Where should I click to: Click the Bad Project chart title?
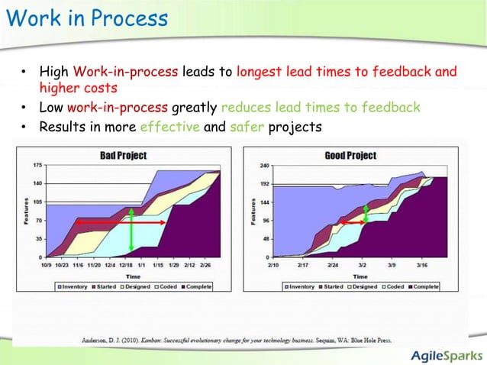(123, 155)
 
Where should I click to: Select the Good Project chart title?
(350, 155)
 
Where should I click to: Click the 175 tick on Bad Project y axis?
(37, 165)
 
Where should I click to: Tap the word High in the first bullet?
(54, 73)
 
